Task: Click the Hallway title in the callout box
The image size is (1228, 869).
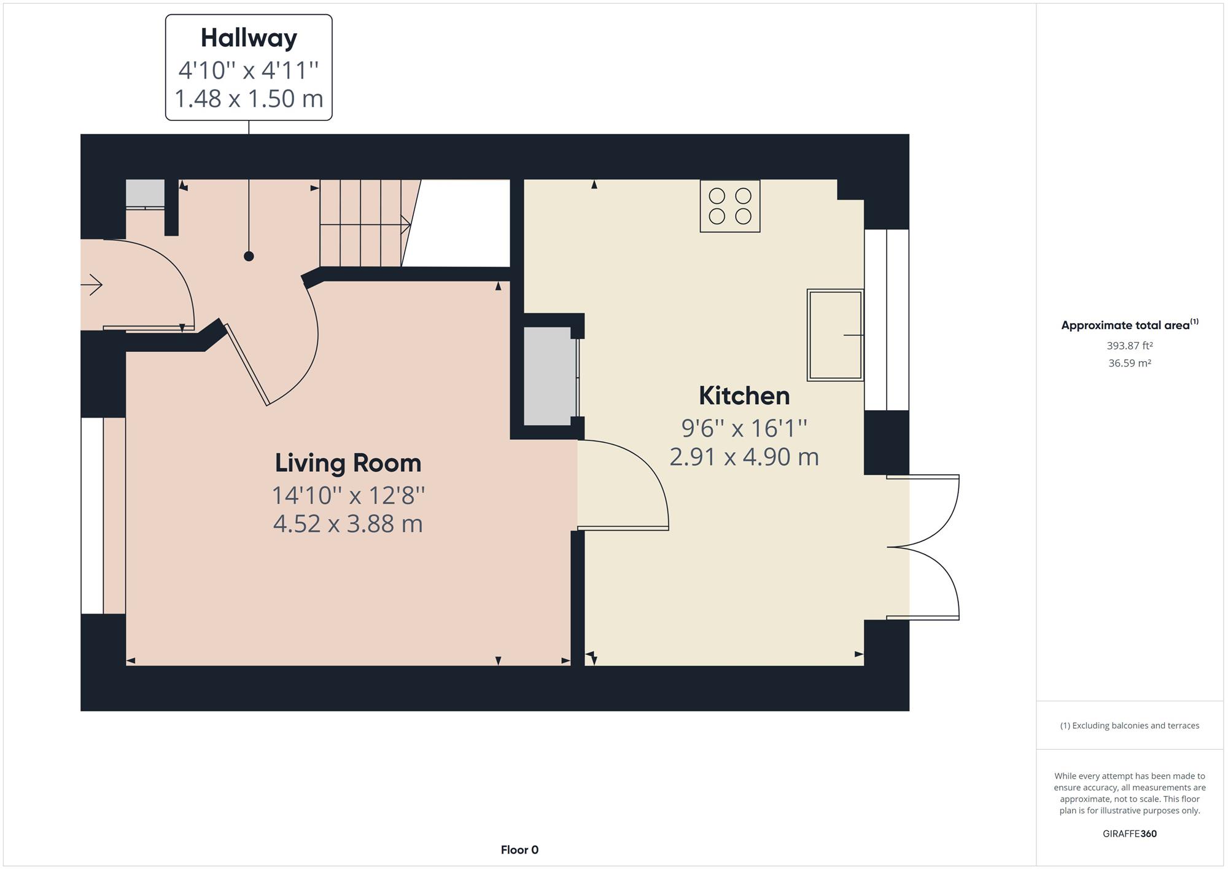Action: pyautogui.click(x=249, y=38)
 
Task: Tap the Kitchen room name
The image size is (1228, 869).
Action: pyautogui.click(x=744, y=396)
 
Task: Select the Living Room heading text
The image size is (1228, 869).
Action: pyautogui.click(x=348, y=463)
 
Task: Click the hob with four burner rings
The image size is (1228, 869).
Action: pyautogui.click(x=730, y=206)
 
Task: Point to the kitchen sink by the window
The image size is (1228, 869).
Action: pyautogui.click(x=836, y=335)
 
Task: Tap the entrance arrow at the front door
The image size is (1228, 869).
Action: pyautogui.click(x=91, y=285)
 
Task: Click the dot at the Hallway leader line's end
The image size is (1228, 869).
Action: pyautogui.click(x=249, y=256)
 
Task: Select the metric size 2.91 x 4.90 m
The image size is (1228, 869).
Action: pyautogui.click(x=744, y=457)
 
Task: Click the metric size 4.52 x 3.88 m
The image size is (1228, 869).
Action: pyautogui.click(x=348, y=524)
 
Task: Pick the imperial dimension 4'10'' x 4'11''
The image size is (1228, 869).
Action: pyautogui.click(x=249, y=70)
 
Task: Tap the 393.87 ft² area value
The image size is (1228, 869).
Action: pyautogui.click(x=1130, y=346)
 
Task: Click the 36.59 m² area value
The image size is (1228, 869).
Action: pyautogui.click(x=1130, y=363)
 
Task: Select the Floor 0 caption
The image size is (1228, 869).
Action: pyautogui.click(x=519, y=850)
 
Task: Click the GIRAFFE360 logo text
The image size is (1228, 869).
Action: pyautogui.click(x=1130, y=834)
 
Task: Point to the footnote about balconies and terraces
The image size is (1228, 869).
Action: pyautogui.click(x=1130, y=725)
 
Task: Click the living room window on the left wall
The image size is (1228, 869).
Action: pyautogui.click(x=93, y=516)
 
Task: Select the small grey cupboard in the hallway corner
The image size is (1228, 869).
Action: pyautogui.click(x=146, y=193)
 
